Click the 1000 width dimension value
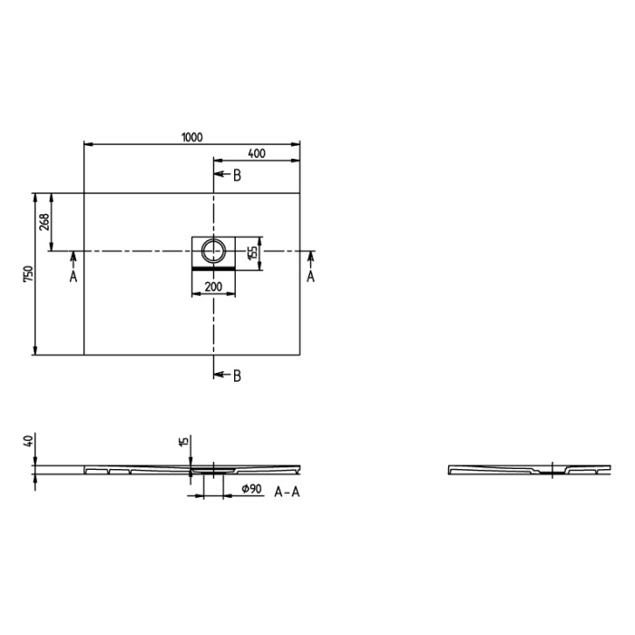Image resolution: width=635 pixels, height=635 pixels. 191,137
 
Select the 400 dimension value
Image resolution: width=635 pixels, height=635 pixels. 256,153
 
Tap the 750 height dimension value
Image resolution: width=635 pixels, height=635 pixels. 28,274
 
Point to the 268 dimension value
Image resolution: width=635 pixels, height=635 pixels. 44,221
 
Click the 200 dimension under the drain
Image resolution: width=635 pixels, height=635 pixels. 213,287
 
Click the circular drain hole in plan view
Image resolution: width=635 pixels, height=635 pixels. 213,250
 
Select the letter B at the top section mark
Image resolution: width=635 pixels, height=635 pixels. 236,175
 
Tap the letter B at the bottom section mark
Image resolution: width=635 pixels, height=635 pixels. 236,376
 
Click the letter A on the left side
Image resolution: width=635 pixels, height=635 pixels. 73,277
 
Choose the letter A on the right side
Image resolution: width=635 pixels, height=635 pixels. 310,277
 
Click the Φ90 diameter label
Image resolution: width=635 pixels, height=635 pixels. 251,490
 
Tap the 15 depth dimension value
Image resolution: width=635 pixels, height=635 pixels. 183,442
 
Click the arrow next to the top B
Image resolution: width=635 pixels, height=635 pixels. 220,175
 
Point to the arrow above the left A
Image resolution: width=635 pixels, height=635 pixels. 73,259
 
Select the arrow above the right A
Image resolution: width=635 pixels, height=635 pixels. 310,259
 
